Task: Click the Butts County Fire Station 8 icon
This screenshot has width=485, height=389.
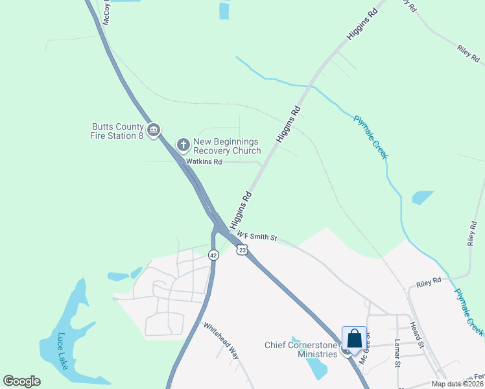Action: [154, 131]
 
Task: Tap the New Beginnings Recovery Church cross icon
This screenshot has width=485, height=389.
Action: [183, 144]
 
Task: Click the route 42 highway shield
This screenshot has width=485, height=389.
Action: [213, 255]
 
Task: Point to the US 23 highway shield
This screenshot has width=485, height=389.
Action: [242, 250]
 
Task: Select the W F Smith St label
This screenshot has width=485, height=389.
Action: [257, 237]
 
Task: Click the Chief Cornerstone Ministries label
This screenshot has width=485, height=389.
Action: [301, 349]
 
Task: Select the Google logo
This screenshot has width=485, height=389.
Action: [21, 381]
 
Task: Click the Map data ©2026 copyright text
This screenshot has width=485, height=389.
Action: [457, 384]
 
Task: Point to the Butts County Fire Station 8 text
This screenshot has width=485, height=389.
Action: [117, 131]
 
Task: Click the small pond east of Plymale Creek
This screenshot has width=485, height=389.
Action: [423, 197]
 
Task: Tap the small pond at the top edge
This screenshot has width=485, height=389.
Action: [224, 10]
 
